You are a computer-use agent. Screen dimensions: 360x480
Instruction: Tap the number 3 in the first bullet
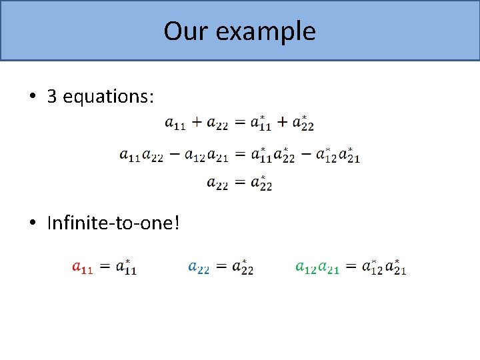(x=51, y=97)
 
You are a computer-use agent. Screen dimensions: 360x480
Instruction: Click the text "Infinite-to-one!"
(x=113, y=223)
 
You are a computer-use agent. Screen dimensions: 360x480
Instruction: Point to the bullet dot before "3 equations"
(x=32, y=97)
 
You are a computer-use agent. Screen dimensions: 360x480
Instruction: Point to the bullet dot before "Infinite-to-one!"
(x=32, y=223)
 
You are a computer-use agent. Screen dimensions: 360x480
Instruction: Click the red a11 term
(x=82, y=268)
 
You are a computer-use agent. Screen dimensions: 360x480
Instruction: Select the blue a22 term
(x=199, y=268)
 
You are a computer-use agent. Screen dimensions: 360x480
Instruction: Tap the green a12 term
(x=305, y=268)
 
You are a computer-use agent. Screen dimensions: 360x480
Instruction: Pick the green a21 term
(x=328, y=268)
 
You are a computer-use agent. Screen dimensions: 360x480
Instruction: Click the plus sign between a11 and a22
(x=197, y=123)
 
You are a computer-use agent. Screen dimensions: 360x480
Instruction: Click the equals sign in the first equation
(x=239, y=123)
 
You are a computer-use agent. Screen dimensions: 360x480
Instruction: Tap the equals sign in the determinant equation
(x=239, y=154)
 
